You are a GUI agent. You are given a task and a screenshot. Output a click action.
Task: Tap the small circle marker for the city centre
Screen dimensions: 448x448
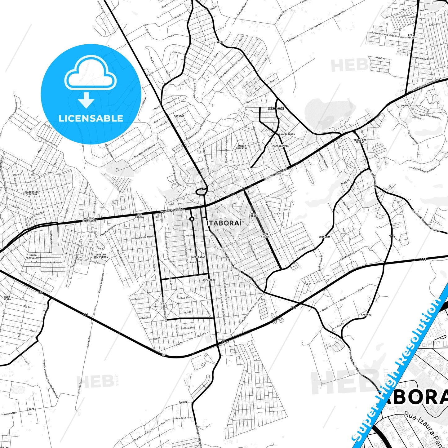(x=192, y=219)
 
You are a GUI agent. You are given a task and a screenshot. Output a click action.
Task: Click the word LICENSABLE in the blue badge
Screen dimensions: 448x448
(x=91, y=118)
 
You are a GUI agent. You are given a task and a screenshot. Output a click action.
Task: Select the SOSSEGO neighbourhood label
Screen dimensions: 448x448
(x=179, y=116)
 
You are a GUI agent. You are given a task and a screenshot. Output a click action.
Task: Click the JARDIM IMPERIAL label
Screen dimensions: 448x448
(x=242, y=147)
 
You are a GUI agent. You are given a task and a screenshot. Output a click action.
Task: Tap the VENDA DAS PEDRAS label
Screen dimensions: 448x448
(x=360, y=141)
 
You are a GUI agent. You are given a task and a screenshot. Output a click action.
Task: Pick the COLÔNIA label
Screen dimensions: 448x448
(x=406, y=106)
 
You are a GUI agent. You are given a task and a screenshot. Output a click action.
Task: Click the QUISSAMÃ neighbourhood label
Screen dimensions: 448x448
(x=324, y=237)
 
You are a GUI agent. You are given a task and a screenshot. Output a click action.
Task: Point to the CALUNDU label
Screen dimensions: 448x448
(x=366, y=315)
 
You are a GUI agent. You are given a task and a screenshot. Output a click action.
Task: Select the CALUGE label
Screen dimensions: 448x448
(x=183, y=402)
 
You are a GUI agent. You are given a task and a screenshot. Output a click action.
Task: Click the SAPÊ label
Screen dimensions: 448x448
(x=31, y=409)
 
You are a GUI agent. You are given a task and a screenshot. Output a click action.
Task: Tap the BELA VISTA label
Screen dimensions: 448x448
(x=7, y=298)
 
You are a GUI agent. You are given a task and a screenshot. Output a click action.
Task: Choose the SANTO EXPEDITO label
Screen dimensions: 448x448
(x=33, y=256)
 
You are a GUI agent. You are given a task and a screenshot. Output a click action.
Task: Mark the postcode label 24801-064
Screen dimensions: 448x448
(x=276, y=109)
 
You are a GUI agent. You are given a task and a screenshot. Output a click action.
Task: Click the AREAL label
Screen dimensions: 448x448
(x=220, y=42)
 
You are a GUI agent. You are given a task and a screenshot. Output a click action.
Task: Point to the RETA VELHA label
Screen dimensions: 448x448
(x=411, y=36)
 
